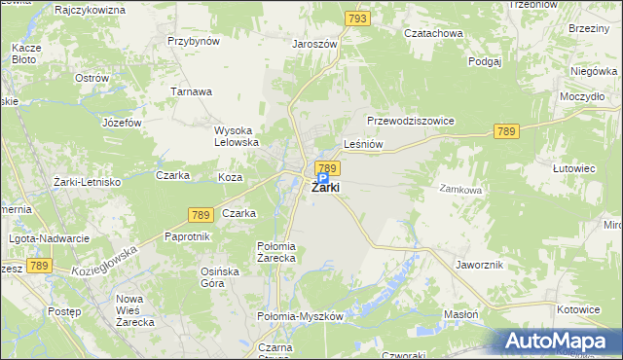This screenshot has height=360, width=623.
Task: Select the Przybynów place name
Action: [x=194, y=42]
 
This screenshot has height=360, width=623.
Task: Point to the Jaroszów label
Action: [x=314, y=44]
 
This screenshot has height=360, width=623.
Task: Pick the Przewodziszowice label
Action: [x=411, y=121]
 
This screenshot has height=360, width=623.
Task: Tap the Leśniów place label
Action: [x=364, y=144]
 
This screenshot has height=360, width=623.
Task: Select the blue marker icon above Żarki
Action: [x=322, y=179]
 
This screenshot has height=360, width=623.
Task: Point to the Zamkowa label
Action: [x=460, y=190]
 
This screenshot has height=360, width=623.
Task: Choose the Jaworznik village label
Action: [x=478, y=264]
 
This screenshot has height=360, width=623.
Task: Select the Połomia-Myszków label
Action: [x=300, y=317]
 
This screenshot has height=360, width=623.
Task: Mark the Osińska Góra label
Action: [x=219, y=277]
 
